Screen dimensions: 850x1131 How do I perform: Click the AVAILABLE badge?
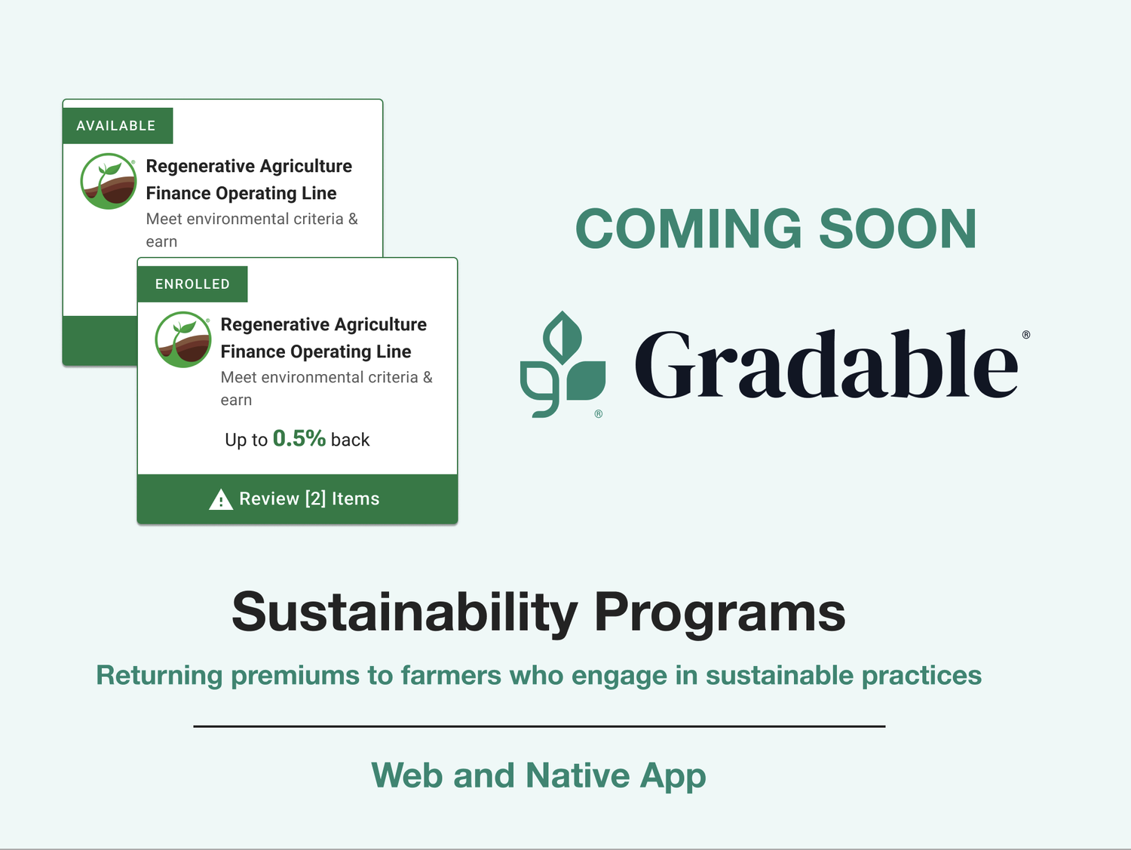coord(117,126)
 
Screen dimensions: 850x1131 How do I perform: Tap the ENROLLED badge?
coord(192,284)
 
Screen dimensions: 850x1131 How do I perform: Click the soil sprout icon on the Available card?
coord(109,181)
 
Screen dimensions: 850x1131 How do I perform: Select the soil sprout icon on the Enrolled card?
coord(183,339)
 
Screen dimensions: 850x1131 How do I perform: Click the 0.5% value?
coord(299,438)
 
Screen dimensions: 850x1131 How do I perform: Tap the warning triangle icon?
coord(220,499)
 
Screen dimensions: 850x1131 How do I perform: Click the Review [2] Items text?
coord(309,499)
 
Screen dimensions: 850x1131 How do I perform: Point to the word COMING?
coord(688,229)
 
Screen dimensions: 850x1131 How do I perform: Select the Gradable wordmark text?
coord(826,365)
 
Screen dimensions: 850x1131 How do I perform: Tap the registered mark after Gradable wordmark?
coord(1025,335)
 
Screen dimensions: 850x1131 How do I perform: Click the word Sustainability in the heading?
coord(405,612)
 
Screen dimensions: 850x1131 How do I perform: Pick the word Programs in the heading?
coord(719,612)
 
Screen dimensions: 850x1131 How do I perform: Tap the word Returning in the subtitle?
coord(159,675)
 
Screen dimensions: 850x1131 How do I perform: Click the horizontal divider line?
coord(539,726)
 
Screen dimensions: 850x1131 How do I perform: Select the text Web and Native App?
coord(538,775)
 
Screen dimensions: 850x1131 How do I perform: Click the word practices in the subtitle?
coord(921,675)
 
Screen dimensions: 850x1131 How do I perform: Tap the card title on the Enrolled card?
coord(323,338)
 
